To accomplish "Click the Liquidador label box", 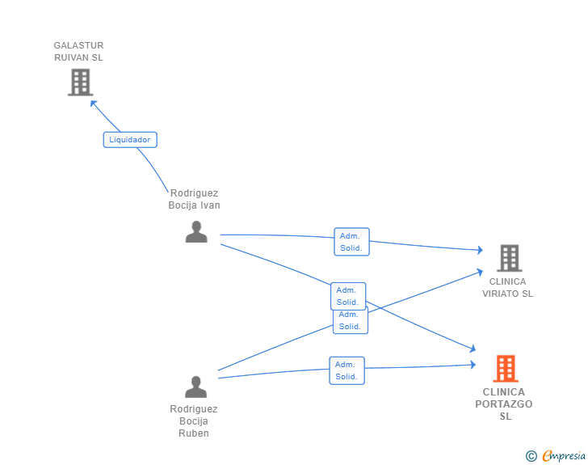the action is point(130,140).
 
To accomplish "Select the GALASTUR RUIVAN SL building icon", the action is point(80,82).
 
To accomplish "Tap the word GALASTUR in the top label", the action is point(79,45).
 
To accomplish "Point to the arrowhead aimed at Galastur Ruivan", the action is point(94,104).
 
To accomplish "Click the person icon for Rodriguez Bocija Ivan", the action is point(196,232).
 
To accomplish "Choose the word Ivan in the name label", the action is point(210,205).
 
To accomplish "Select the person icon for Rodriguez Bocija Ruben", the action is point(195,387).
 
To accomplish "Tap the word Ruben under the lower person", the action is point(194,433).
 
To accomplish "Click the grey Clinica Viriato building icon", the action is point(509,258).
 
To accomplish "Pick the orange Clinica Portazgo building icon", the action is point(506,369).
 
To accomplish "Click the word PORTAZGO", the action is point(504,404).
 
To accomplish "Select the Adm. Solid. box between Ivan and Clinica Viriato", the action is point(352,242).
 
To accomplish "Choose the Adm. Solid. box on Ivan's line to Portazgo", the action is point(348,296).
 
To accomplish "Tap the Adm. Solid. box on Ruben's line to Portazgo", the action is point(346,370).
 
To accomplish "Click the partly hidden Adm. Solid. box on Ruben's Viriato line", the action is point(351,322).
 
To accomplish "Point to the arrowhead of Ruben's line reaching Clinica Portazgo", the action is point(473,365).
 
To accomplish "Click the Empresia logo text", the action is point(564,455).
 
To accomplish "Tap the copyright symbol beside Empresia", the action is point(531,456).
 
